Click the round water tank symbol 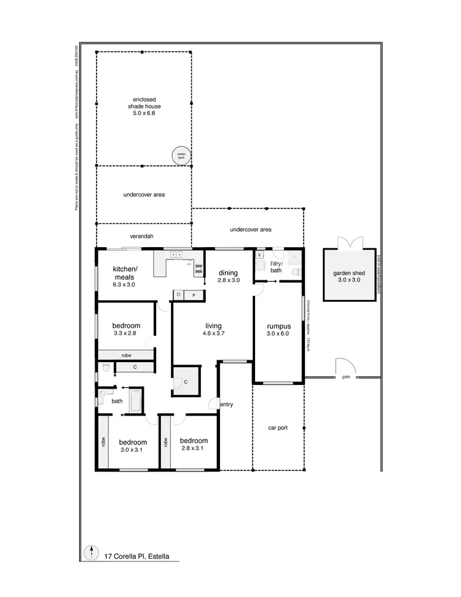tap(181, 156)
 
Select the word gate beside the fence tap(345, 376)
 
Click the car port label tap(278, 428)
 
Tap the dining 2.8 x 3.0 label tap(229, 276)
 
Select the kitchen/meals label tap(125, 277)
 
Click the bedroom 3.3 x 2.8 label tap(126, 330)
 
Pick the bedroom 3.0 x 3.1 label tap(133, 445)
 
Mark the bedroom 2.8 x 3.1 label tap(193, 445)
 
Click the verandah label tap(141, 236)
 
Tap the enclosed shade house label tap(144, 106)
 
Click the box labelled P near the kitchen tap(194, 295)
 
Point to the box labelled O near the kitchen tap(179, 295)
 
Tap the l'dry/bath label tap(277, 267)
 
